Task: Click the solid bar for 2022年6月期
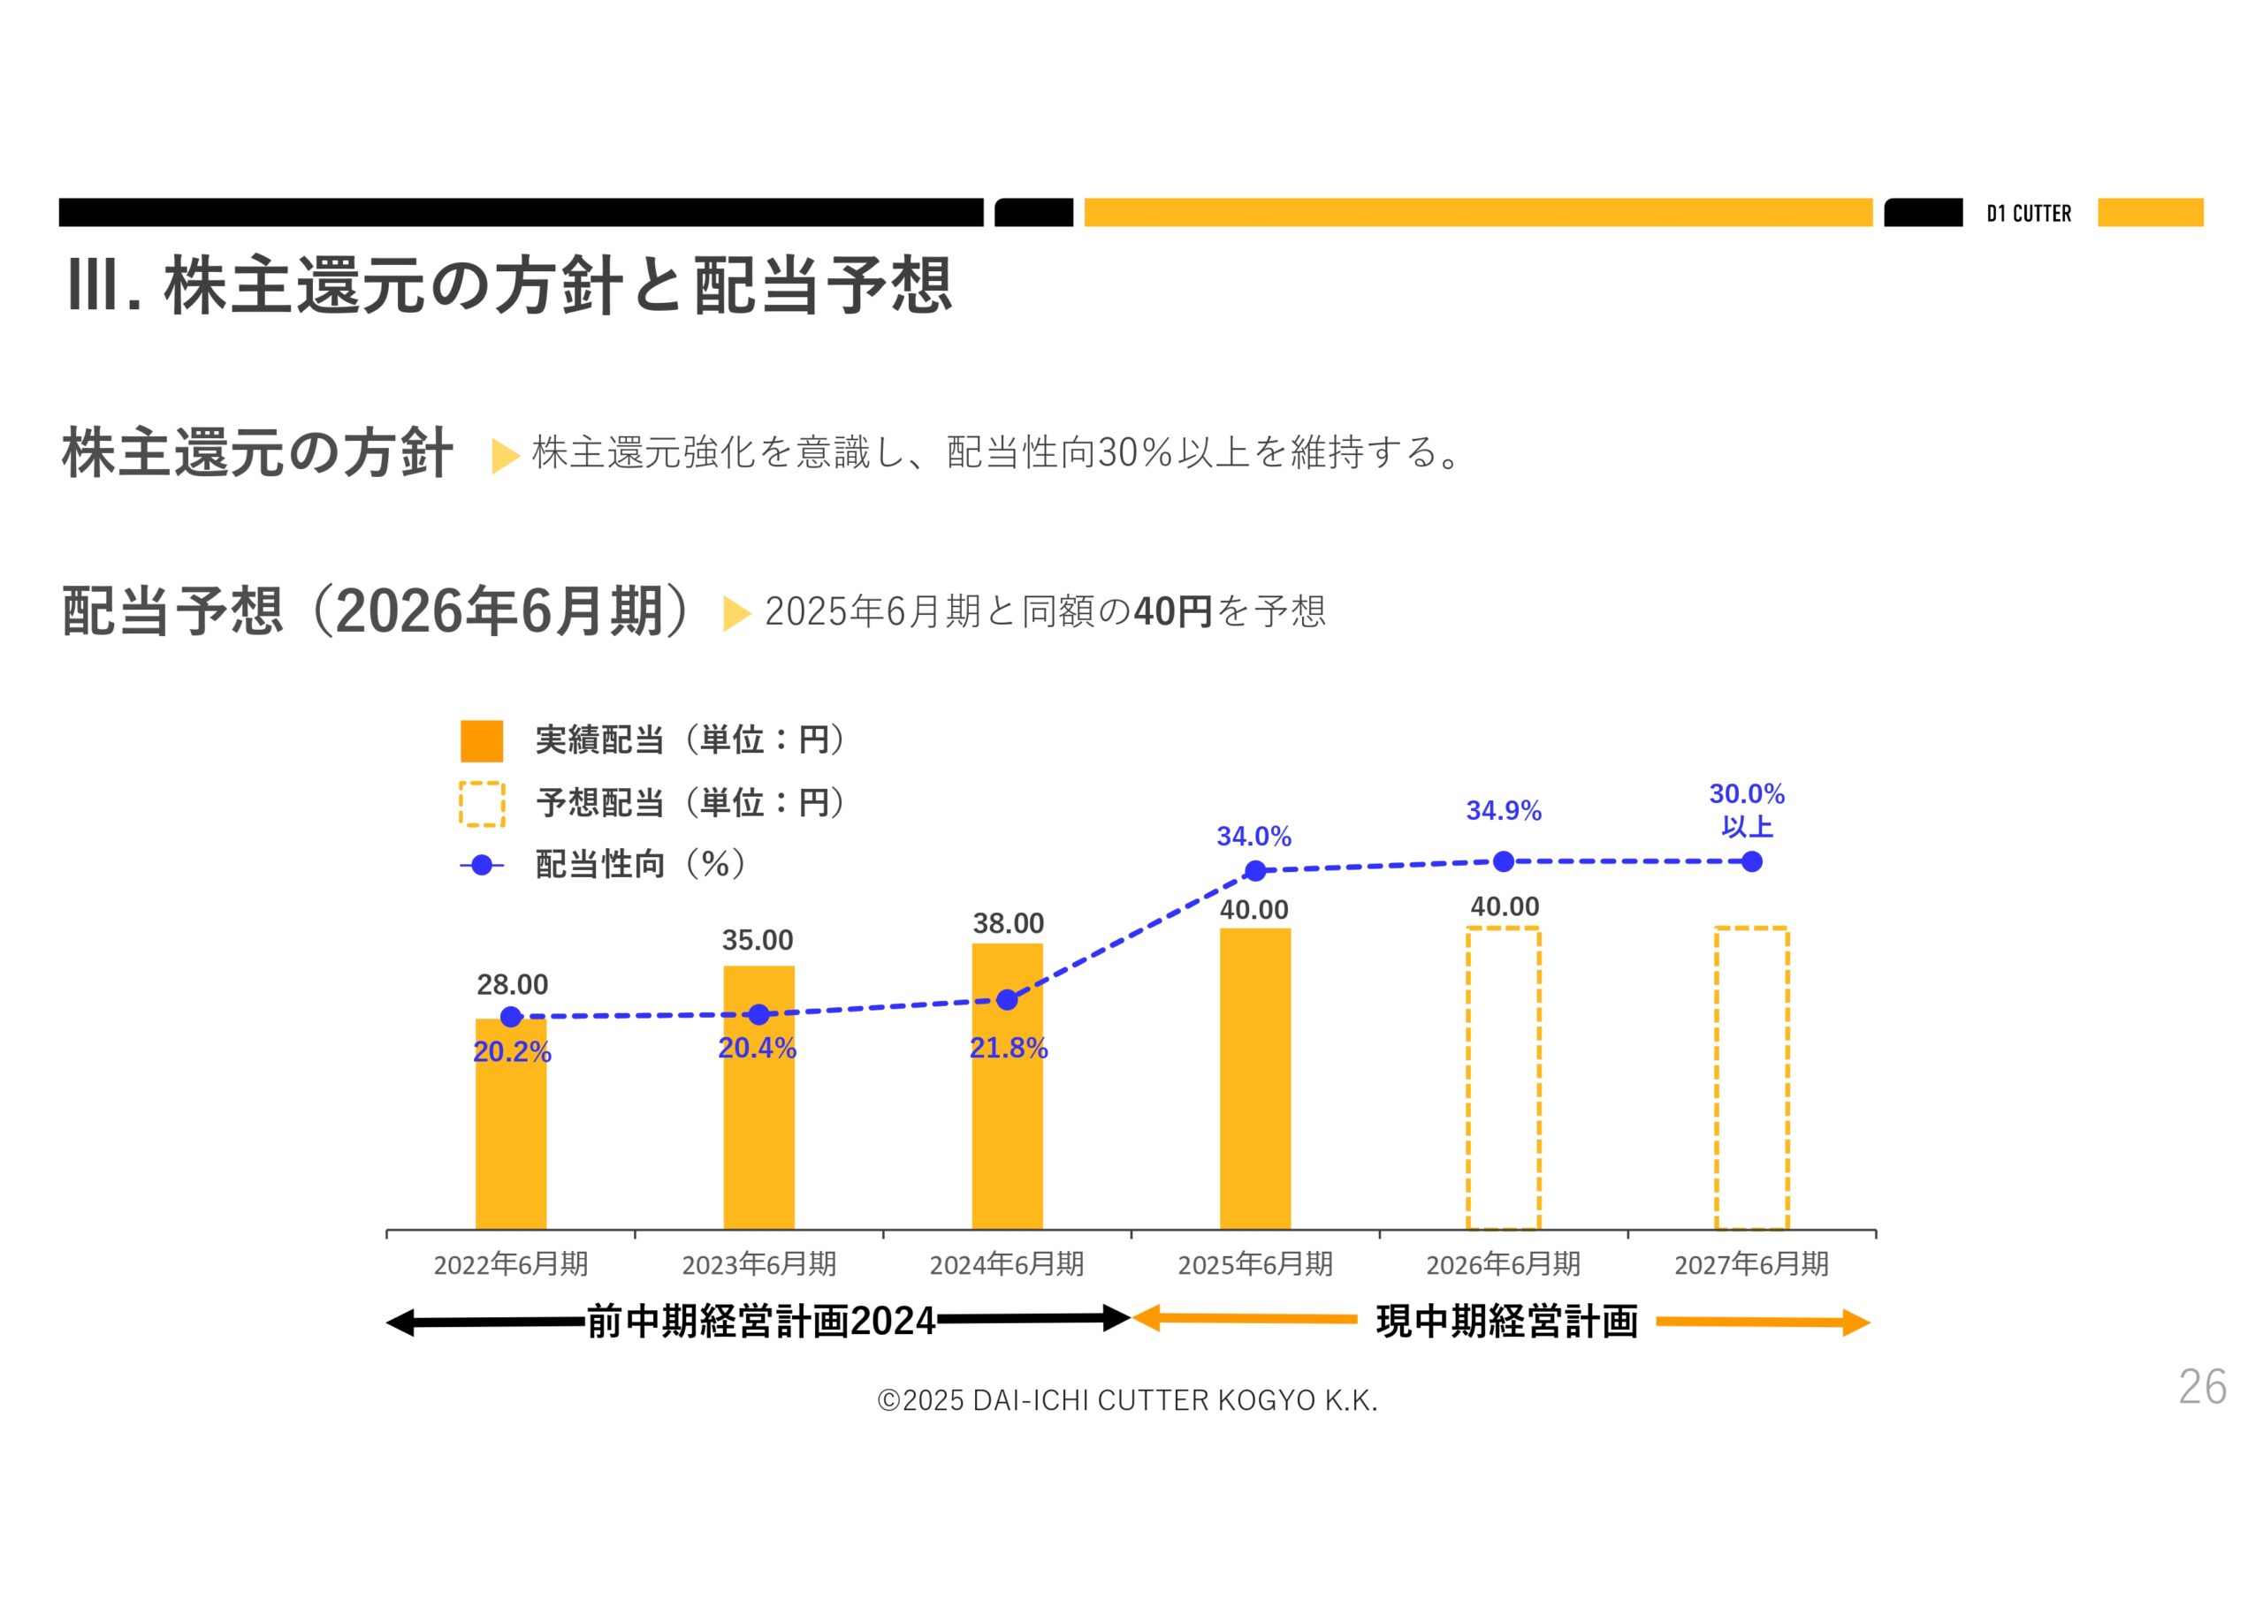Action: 511,1133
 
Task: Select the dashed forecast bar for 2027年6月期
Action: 1751,1079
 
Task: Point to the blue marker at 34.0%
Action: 1255,871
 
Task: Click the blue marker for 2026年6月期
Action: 1503,862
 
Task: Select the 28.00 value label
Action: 513,984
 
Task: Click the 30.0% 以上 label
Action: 1747,810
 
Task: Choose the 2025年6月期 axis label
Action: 1255,1264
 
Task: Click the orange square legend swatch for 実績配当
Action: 482,741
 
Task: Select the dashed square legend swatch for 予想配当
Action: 482,804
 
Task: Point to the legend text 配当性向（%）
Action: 641,864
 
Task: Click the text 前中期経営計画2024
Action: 761,1322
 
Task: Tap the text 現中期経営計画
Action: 1507,1322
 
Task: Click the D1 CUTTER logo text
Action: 2029,214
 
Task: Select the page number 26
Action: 2202,1387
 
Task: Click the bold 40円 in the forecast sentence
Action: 1173,612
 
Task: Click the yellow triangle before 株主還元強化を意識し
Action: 504,455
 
